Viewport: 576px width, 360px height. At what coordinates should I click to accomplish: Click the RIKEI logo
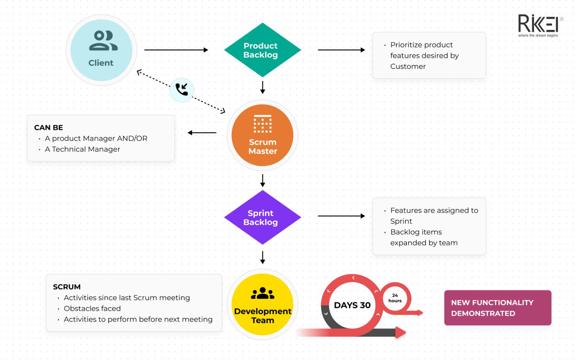[x=540, y=25]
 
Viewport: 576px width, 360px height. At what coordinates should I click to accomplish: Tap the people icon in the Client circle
[x=103, y=40]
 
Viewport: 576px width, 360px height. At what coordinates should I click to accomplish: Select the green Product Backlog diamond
[x=262, y=50]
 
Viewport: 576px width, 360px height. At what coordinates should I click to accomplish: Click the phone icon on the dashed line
[x=181, y=90]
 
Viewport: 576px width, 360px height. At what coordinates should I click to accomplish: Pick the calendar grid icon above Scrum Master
[x=262, y=124]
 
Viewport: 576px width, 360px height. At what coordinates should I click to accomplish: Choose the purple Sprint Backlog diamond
[x=262, y=217]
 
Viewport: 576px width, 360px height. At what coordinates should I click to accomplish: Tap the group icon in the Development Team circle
[x=262, y=293]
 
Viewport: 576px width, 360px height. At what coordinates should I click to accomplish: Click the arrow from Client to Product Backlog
[x=176, y=50]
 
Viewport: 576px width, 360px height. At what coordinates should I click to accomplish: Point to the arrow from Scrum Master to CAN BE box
[x=202, y=133]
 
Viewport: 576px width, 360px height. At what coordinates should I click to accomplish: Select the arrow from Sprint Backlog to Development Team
[x=262, y=258]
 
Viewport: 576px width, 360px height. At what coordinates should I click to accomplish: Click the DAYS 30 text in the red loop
[x=352, y=305]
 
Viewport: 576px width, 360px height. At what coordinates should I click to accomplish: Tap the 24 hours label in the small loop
[x=395, y=298]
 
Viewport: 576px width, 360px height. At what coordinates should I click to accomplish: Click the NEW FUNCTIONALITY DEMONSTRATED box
[x=498, y=308]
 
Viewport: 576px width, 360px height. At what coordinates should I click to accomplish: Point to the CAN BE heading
[x=49, y=127]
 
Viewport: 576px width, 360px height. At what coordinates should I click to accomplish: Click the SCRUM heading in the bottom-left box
[x=67, y=287]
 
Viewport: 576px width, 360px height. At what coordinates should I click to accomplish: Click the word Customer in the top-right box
[x=408, y=66]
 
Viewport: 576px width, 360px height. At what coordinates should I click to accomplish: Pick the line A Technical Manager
[x=82, y=149]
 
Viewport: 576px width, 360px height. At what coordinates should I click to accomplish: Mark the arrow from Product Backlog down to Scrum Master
[x=262, y=88]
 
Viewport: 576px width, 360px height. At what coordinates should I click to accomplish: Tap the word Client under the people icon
[x=101, y=63]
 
